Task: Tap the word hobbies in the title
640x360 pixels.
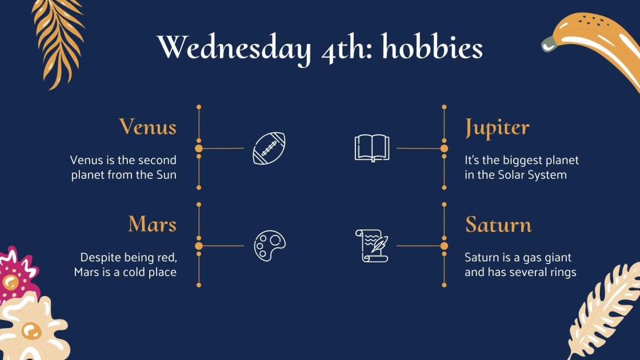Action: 432,48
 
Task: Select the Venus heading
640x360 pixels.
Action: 147,126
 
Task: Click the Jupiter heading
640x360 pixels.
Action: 497,127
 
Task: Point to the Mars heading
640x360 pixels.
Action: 152,224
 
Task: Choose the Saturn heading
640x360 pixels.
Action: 498,224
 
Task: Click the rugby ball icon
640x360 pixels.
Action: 269,149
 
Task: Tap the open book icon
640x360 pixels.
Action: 371,148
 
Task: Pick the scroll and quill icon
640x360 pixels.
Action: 371,246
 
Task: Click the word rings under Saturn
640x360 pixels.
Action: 561,272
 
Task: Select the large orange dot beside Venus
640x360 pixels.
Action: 199,149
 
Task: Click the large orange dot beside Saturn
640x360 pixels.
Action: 444,246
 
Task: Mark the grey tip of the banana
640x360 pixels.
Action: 549,43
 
